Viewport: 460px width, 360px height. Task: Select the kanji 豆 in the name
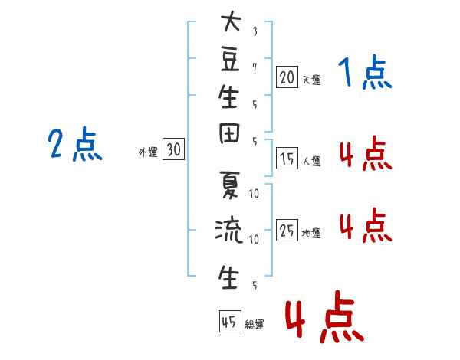228,61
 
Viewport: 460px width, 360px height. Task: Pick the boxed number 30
173,150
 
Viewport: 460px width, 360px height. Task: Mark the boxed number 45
228,322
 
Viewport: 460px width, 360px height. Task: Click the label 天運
311,79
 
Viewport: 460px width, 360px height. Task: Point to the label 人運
311,162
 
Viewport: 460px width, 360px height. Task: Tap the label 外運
148,152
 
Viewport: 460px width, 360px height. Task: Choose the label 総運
254,324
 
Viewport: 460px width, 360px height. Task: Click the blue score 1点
365,74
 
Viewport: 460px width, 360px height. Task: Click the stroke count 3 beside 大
255,31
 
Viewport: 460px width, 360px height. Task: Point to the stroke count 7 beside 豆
255,67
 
